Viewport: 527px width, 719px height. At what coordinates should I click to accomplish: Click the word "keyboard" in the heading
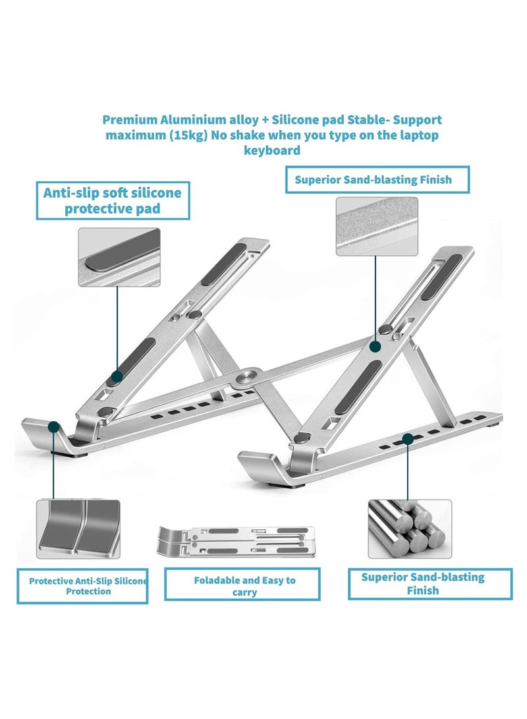coord(272,150)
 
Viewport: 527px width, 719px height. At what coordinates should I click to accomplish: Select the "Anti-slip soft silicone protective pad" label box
coord(112,200)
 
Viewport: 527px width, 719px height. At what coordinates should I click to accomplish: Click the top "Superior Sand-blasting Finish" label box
coord(377,179)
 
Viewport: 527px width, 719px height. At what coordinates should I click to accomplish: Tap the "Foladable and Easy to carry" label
coord(244,585)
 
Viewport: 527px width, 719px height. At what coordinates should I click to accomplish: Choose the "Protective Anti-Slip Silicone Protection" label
coord(82,586)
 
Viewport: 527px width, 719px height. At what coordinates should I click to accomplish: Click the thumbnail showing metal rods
coord(408,526)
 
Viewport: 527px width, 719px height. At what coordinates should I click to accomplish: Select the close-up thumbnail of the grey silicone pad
coord(119,257)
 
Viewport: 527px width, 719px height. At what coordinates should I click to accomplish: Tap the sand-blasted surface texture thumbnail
coord(376,227)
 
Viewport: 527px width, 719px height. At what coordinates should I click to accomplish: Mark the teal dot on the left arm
coord(117,377)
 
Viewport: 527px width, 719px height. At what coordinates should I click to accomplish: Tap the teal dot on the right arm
coord(375,345)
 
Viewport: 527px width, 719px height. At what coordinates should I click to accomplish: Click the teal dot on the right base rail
coord(408,438)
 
